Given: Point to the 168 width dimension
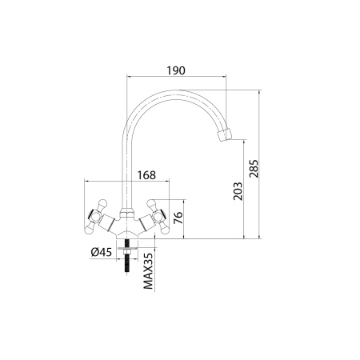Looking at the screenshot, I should pos(146,174).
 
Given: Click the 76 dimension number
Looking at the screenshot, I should pos(179,218).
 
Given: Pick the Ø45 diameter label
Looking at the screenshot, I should pos(102,253).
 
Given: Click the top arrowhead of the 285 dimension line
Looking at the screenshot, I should pos(261,90).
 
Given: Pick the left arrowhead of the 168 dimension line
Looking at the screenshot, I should pos(85,183).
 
